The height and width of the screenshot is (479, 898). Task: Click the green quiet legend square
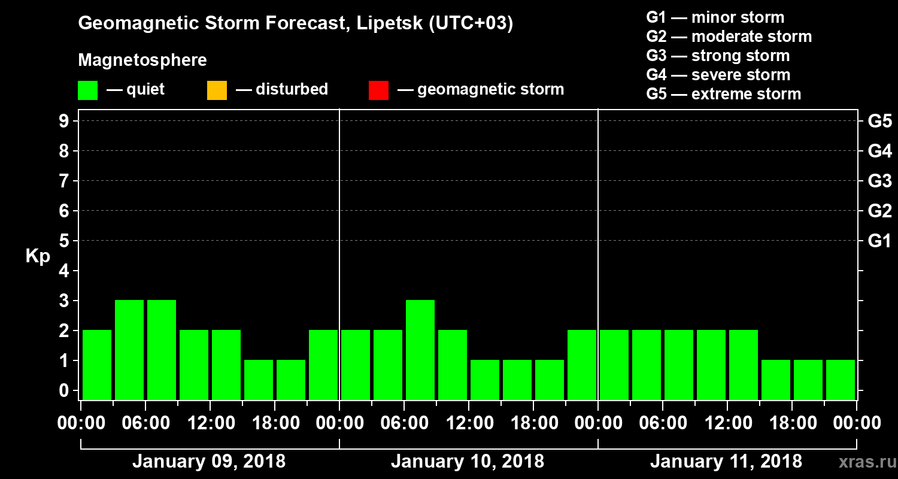87,90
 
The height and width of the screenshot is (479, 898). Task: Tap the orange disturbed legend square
217,90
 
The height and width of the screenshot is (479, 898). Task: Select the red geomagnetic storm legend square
378,90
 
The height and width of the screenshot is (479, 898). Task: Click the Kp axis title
38,256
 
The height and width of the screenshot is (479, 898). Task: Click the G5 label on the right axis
879,122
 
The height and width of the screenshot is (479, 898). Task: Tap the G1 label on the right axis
879,241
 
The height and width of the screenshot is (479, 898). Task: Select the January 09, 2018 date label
208,462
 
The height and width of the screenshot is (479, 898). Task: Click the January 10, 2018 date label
468,462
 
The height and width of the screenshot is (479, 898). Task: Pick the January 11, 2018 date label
726,462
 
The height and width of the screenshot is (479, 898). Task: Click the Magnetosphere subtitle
142,60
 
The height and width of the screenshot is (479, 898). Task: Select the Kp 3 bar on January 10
420,349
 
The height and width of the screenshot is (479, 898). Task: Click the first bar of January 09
97,364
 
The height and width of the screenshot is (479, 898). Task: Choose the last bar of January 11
841,379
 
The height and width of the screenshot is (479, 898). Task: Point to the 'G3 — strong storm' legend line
718,56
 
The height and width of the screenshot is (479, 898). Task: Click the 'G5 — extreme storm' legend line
723,94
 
